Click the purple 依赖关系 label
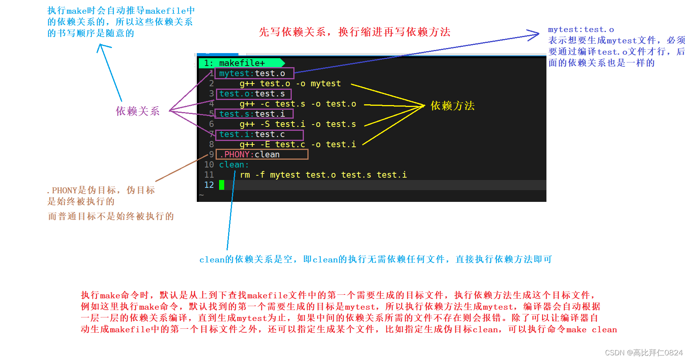tap(137, 111)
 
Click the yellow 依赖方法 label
tap(452, 106)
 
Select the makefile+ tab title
tap(241, 63)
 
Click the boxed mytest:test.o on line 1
tap(254, 73)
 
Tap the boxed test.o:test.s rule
tap(253, 94)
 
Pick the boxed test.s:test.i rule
tap(253, 114)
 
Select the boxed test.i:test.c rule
tap(259, 134)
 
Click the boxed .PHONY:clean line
tap(261, 155)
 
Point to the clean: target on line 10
tap(234, 165)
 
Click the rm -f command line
tap(323, 175)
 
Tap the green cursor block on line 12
tap(221, 185)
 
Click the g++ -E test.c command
tap(298, 144)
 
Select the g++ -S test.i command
tap(298, 124)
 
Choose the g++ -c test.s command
tap(298, 104)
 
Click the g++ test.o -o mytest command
tap(290, 84)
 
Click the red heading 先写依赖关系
tap(354, 32)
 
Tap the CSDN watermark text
tap(643, 353)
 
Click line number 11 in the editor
tap(209, 175)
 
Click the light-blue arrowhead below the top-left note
tap(102, 48)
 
